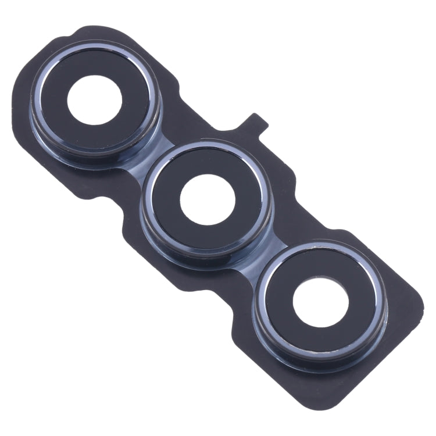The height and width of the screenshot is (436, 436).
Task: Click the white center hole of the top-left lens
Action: click(94, 100)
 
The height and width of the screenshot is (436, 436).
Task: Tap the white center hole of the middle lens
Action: click(208, 200)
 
